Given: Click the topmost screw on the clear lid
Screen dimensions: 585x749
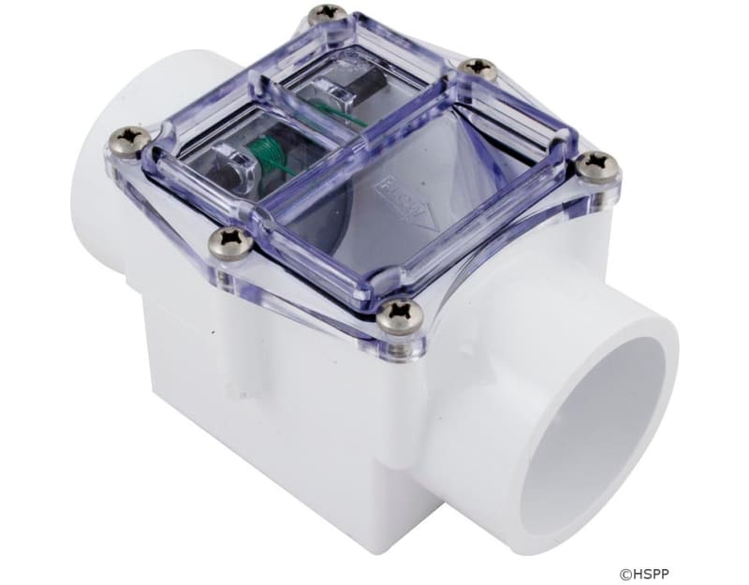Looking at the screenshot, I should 328,13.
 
